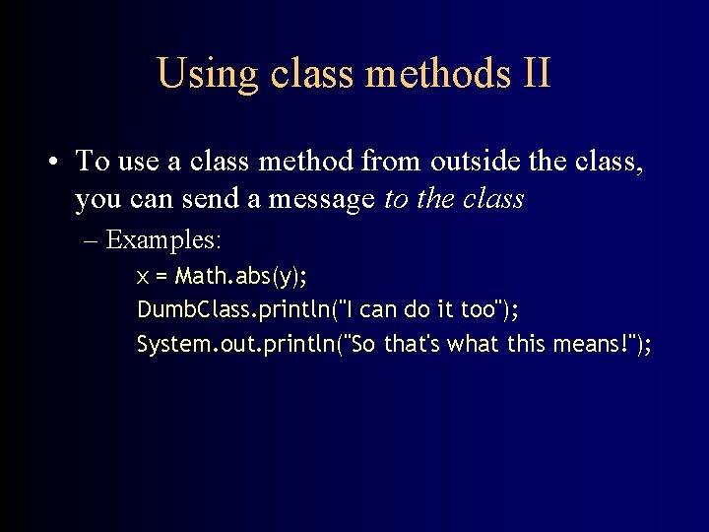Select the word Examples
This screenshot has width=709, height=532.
pos(164,239)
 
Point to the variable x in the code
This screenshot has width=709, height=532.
pos(143,276)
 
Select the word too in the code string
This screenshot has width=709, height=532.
pos(478,309)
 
